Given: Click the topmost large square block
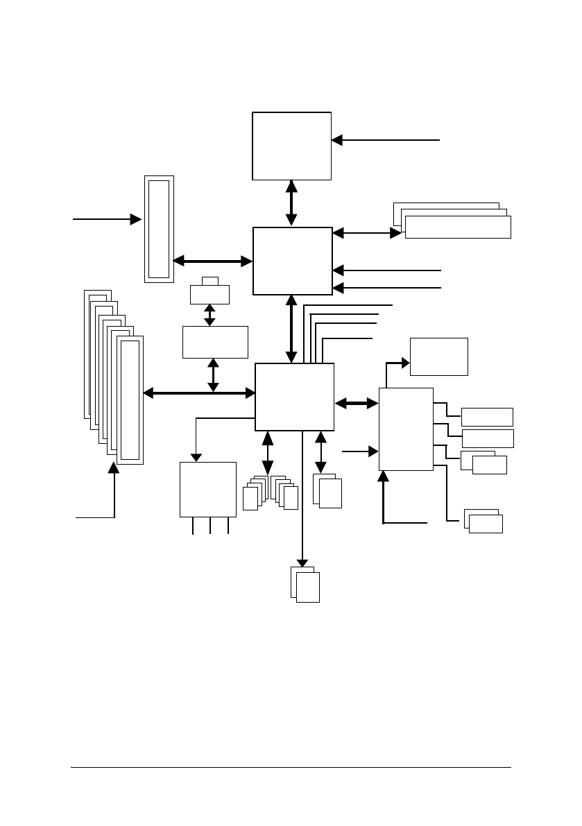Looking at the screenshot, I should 291,146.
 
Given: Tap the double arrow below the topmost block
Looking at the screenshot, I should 291,203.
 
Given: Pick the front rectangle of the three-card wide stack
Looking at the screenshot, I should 458,227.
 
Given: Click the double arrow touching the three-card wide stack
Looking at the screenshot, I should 367,233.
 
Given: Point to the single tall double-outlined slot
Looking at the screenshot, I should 159,229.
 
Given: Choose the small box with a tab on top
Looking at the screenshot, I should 209,293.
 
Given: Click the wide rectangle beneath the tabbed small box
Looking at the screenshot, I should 215,342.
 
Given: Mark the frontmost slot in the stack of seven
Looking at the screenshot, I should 130,399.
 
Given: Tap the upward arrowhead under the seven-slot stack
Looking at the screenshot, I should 114,469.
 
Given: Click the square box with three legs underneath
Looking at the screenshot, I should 207,489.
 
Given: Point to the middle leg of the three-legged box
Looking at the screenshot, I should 210,526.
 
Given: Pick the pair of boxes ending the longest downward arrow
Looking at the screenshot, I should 306,584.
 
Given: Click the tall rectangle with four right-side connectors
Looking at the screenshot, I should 406,429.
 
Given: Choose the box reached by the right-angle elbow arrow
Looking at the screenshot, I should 438,356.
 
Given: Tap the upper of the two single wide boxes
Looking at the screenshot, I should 487,417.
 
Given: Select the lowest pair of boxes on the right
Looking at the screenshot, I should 483,522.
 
